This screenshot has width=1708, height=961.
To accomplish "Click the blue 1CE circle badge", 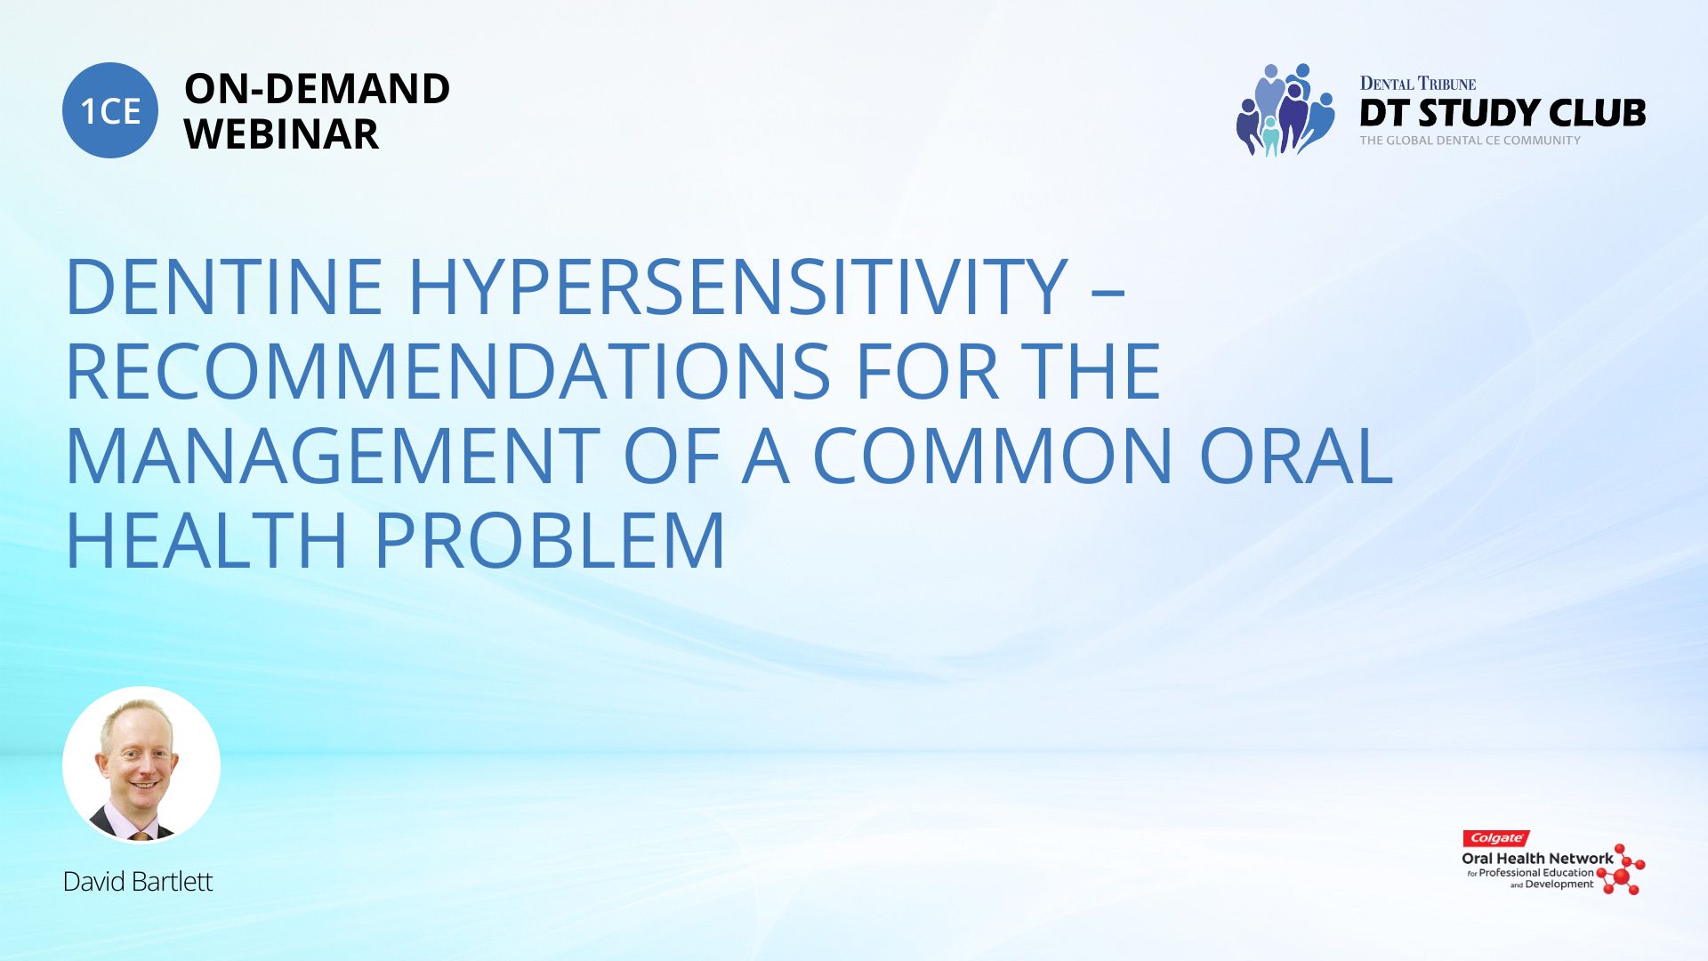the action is [110, 110].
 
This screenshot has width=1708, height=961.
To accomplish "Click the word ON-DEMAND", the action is [317, 89].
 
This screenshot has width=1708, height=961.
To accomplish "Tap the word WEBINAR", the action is [281, 134].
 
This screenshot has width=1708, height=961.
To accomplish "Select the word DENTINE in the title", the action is [224, 287].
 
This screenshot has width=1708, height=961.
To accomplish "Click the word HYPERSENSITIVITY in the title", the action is [738, 287].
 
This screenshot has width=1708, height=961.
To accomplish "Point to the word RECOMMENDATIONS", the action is [449, 371].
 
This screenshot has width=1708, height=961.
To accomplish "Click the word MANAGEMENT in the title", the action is [334, 456].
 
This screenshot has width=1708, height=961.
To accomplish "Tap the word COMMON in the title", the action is [993, 456].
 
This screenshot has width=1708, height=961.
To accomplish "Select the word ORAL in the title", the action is [1296, 456].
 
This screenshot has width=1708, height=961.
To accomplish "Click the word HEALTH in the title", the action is [206, 540].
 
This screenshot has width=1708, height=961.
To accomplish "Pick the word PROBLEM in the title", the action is [550, 540].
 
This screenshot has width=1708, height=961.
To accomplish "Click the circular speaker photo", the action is [141, 764].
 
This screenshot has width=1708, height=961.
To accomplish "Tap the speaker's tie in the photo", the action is [141, 835].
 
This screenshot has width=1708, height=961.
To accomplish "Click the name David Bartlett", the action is [138, 882].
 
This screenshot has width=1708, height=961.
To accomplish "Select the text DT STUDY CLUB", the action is [1503, 113].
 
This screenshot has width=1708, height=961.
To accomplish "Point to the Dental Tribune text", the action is [1418, 84].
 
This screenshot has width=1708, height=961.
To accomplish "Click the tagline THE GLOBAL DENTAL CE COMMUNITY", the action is [1470, 141].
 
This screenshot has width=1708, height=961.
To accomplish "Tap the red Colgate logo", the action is [1496, 838].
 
